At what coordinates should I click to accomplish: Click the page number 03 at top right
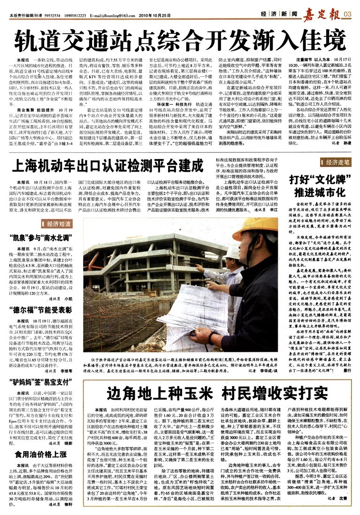(x=348, y=15)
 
